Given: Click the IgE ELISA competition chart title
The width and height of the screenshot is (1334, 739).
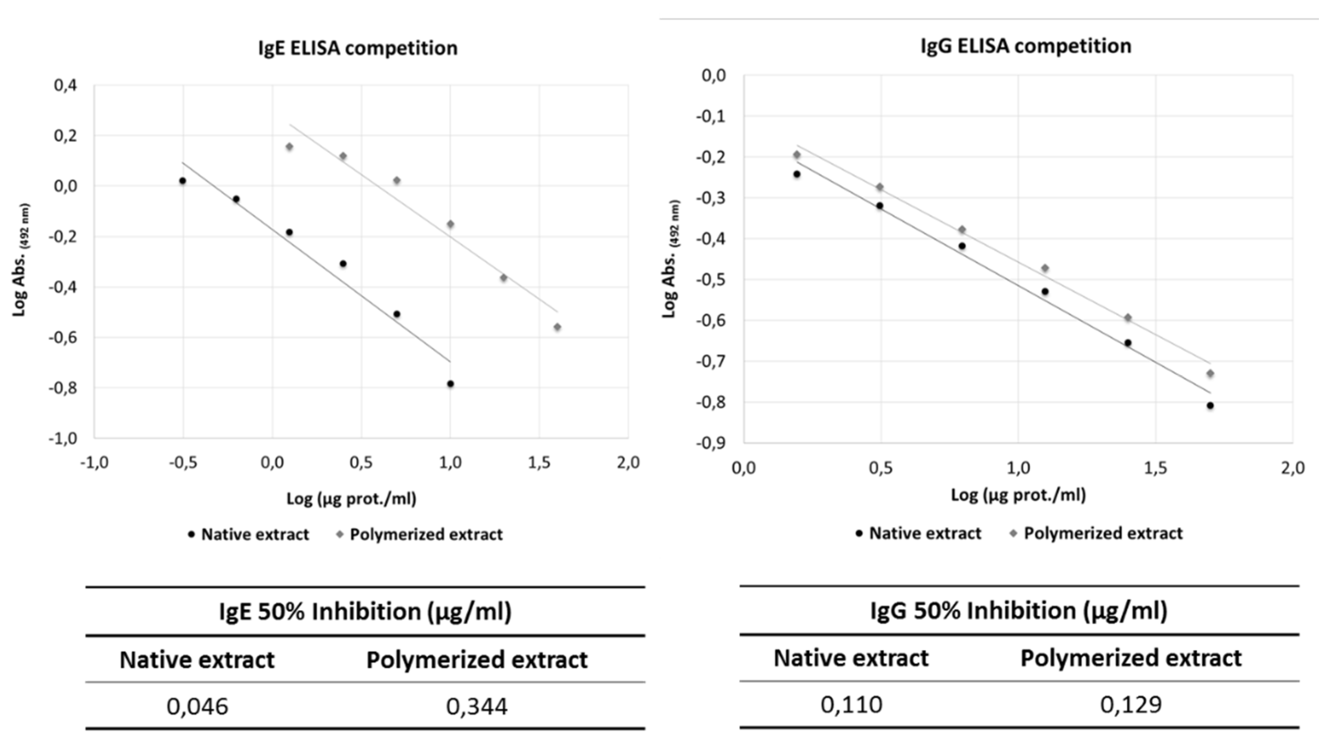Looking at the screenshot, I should click(357, 48).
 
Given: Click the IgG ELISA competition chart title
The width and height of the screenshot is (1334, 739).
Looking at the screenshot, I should click(1025, 46).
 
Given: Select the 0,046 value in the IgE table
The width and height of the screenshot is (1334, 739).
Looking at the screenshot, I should click(197, 706).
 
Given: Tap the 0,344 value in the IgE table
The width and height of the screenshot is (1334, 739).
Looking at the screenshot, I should click(476, 706).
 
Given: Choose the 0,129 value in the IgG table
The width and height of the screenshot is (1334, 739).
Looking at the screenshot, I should click(1131, 705).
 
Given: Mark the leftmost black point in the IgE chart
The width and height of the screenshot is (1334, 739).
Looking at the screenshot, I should click(182, 181).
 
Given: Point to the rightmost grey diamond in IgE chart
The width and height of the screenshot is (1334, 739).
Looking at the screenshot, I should click(557, 327).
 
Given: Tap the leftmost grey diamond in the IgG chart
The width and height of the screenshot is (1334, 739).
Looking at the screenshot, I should click(797, 155).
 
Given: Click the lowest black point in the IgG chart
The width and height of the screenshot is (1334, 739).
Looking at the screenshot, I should click(1210, 406).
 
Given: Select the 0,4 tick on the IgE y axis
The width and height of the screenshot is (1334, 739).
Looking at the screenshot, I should click(65, 85).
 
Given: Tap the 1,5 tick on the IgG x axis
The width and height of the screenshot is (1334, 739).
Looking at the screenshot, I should click(1155, 468).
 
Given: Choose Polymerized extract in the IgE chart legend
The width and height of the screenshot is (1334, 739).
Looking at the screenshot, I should click(426, 535).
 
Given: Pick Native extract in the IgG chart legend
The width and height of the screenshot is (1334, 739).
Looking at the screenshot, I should click(925, 533).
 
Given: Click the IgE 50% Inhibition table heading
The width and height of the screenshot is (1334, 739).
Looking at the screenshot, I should click(365, 612).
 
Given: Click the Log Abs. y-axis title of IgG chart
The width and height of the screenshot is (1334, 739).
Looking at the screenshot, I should click(670, 259).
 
